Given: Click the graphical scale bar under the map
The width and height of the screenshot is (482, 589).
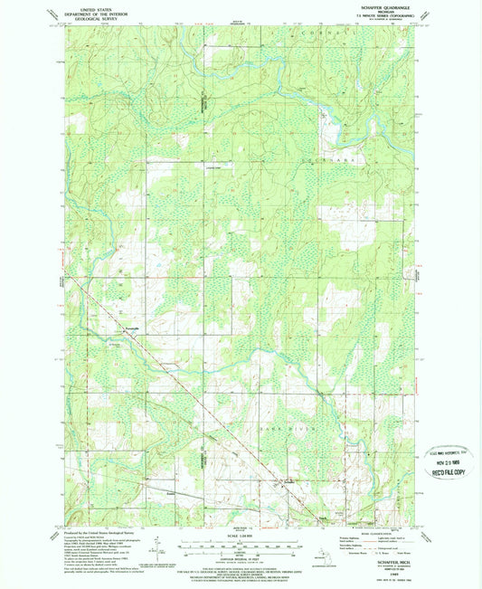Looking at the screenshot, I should tap(240, 545).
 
